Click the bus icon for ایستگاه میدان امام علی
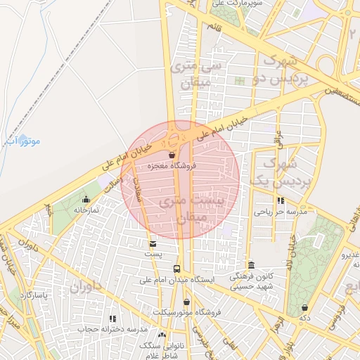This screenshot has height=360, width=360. click(176, 269)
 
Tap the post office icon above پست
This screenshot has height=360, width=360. click(153, 243)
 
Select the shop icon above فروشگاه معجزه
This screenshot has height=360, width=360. click(172, 155)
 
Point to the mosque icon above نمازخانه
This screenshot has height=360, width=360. click(86, 199)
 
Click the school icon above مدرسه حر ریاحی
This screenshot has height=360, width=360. click(281, 200)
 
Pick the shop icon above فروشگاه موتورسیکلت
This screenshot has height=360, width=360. click(186, 302)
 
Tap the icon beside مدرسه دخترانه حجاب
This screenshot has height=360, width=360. click(112, 319)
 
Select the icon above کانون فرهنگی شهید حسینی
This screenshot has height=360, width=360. click(251, 265)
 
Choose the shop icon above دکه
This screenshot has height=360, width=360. click(304, 307)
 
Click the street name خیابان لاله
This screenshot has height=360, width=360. click(288, 247)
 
